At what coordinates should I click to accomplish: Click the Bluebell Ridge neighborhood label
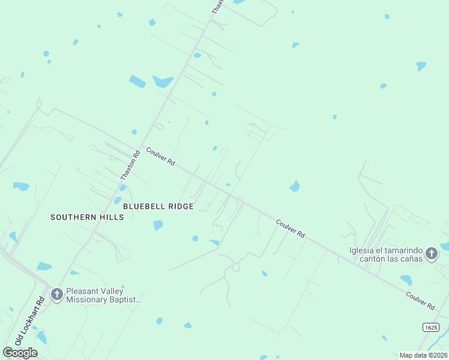coord(158,206)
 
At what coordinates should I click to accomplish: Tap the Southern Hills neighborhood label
coord(87,217)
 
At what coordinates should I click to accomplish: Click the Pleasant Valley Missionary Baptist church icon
coord(57,294)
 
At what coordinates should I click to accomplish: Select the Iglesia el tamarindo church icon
coord(431,254)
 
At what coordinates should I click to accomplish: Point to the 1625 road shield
coord(430,327)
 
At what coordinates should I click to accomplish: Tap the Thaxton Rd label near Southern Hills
coord(130,165)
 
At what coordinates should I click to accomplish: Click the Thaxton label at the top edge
coord(217,7)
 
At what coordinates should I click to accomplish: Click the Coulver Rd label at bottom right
coord(420,301)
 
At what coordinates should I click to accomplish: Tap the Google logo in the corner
coord(20,352)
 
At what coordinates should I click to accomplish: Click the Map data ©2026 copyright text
coord(423,355)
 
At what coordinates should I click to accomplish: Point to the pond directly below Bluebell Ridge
coord(158,225)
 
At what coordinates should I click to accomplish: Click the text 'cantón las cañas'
coord(389,259)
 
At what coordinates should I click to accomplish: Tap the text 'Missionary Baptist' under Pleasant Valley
coord(103,299)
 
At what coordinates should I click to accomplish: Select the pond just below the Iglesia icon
coord(406,280)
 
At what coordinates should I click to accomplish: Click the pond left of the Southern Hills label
coord(21,187)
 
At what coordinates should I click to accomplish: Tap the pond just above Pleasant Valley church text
coord(74,272)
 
